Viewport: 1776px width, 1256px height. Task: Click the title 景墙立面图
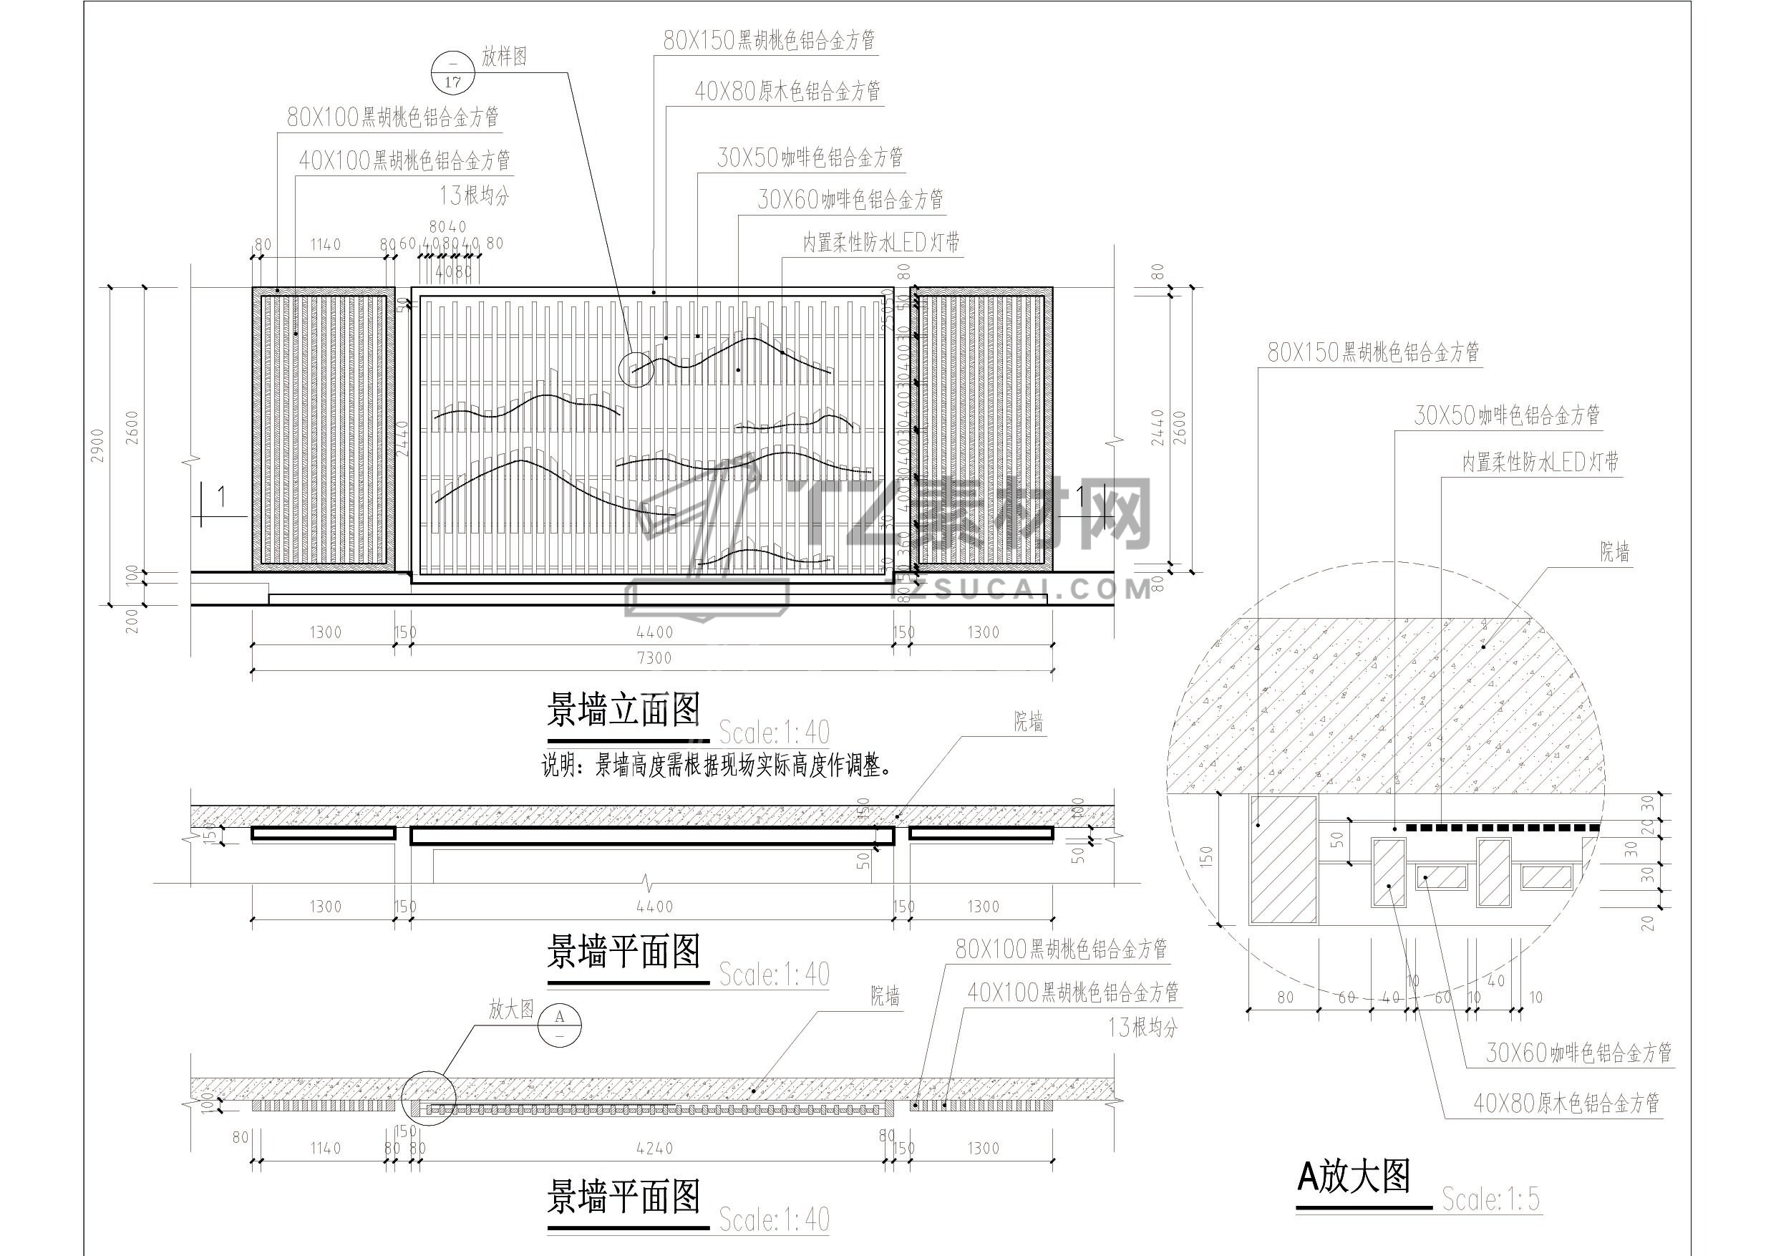[x=623, y=710]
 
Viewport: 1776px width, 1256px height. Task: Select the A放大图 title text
[x=1354, y=1177]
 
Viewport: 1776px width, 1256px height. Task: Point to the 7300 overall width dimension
[x=654, y=658]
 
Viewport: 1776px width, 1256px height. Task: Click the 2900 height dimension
[x=97, y=445]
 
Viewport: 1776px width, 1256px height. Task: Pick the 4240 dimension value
[x=654, y=1149]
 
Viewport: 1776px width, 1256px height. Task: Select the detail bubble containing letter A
[x=560, y=1025]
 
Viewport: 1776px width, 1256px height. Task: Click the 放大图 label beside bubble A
[x=511, y=1009]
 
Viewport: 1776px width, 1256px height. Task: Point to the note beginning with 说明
[x=717, y=766]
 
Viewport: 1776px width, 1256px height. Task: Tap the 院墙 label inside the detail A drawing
[x=1614, y=552]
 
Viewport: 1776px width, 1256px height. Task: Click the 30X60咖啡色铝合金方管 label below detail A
[x=1578, y=1053]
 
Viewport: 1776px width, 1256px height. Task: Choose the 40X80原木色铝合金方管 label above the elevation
[x=787, y=92]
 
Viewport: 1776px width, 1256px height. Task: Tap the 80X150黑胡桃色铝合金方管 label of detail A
[x=1373, y=353]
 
